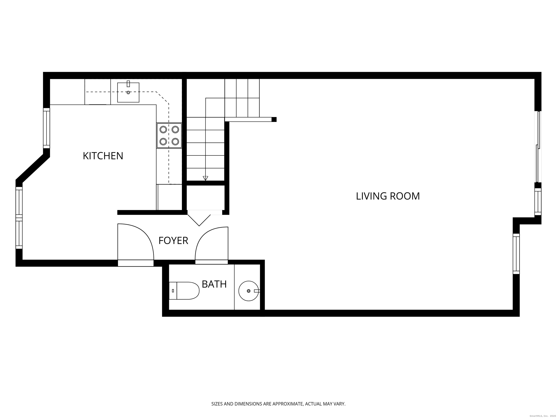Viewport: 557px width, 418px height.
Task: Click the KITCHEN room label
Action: [103, 156]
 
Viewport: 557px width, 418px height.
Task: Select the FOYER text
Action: [173, 241]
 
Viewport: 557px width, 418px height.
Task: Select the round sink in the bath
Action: [249, 291]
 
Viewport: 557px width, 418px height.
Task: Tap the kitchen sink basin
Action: [128, 93]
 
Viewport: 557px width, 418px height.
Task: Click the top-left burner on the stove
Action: [163, 130]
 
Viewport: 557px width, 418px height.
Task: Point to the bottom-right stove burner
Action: [175, 142]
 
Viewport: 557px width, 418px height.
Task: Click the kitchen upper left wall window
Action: [47, 128]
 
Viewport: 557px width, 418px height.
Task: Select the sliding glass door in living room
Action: [538, 147]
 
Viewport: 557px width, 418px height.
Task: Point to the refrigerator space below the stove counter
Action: [169, 197]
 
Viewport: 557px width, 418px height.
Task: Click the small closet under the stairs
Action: [205, 198]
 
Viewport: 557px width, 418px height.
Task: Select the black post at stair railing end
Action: [274, 119]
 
